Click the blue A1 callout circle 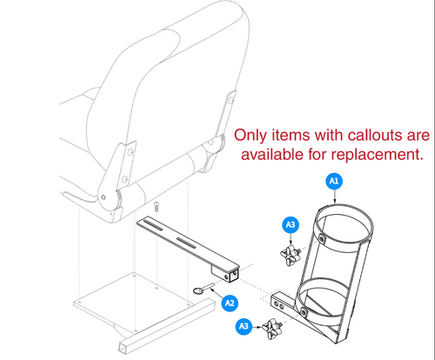pos(334,181)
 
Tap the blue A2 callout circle pos(230,303)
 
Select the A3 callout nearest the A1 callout pos(291,224)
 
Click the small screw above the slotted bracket pos(157,207)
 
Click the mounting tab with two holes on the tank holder pos(282,305)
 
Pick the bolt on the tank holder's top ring pos(321,237)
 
